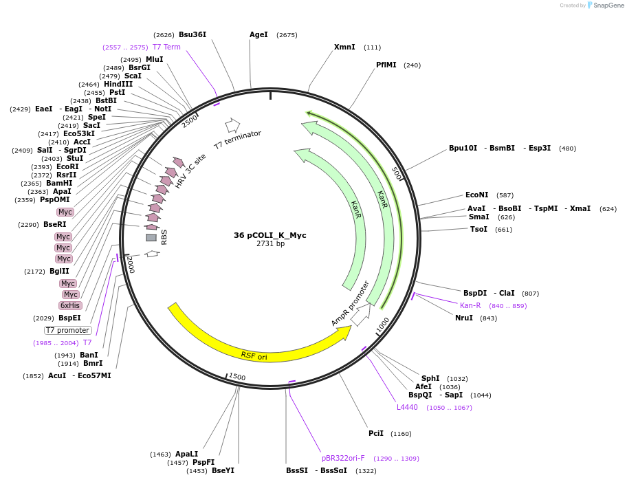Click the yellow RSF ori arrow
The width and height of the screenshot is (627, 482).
click(254, 344)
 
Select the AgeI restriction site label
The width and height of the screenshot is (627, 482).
click(259, 34)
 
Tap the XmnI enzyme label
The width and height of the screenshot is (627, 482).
click(344, 47)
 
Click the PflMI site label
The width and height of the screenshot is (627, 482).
click(386, 65)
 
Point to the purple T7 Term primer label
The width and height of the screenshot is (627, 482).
click(166, 47)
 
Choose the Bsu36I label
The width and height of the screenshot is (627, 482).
click(192, 34)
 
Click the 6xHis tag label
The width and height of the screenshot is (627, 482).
click(70, 305)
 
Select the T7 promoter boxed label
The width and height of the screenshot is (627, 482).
click(68, 330)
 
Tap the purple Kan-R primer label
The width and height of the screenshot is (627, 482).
click(470, 305)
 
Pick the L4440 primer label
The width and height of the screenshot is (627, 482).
click(407, 407)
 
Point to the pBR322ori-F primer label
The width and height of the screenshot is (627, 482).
click(343, 458)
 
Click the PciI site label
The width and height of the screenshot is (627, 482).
click(376, 433)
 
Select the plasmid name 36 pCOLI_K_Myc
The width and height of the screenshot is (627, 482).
click(270, 235)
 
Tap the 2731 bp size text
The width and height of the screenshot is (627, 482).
click(270, 244)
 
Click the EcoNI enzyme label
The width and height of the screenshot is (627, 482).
click(476, 195)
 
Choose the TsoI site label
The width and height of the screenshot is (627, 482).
click(478, 229)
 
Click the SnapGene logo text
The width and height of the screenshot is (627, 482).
click(606, 6)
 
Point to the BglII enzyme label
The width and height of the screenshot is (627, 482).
click(59, 271)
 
